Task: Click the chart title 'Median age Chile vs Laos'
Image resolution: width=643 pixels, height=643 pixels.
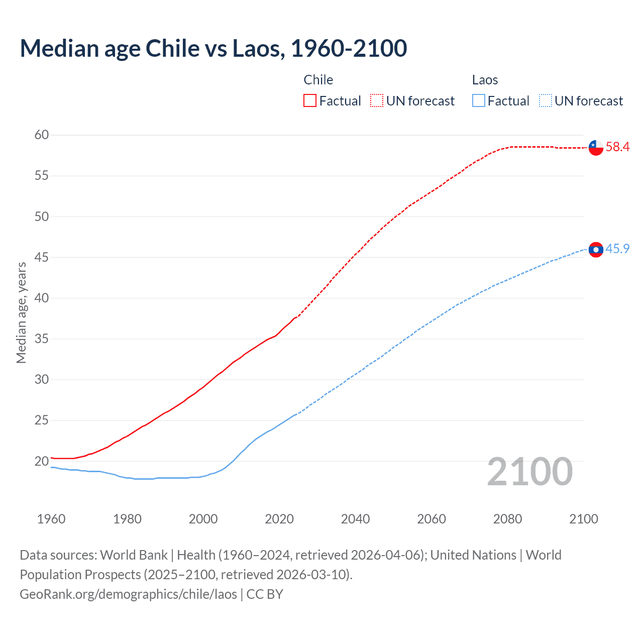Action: tap(213, 48)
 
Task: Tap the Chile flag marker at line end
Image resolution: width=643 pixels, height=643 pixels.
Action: tap(596, 147)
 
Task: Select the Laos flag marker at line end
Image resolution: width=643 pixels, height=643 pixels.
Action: tap(596, 250)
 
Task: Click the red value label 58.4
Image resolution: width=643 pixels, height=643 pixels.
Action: tap(617, 147)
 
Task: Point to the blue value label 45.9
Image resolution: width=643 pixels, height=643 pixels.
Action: tap(617, 249)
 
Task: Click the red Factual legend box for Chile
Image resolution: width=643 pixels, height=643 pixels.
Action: tap(310, 101)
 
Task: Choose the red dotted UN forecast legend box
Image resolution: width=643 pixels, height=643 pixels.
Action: tap(377, 101)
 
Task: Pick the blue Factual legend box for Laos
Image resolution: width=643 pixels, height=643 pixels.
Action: tap(479, 101)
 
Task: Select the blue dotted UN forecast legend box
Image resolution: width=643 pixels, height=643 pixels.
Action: tap(545, 101)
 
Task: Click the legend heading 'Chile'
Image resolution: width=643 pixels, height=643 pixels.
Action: tap(318, 80)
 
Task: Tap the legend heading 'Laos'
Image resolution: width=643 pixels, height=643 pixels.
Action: tap(485, 80)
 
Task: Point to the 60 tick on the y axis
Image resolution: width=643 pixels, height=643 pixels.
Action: tap(42, 135)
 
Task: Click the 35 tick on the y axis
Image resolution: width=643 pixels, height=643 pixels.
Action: tap(42, 339)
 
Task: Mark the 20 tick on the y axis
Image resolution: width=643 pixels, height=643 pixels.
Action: tap(42, 461)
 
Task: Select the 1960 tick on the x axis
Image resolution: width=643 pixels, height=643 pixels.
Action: tap(51, 519)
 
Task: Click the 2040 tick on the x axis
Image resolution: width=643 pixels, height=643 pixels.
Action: tap(355, 519)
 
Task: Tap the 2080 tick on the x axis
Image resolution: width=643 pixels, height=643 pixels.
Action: tap(507, 519)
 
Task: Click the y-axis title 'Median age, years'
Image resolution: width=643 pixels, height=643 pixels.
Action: tap(21, 312)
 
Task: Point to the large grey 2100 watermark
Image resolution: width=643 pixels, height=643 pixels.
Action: tap(530, 472)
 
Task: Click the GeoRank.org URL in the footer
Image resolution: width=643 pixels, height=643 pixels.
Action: tap(128, 594)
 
